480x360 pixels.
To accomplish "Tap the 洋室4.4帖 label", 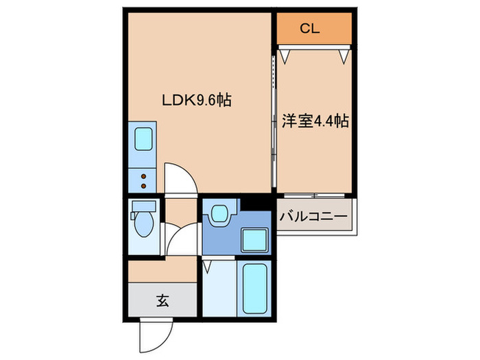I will point(315,122).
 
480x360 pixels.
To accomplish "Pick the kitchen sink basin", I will point(144,139).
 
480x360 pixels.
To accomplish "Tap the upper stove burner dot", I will point(144,176).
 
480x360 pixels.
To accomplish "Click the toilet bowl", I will point(144,224).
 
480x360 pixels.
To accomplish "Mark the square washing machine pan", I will point(256,241).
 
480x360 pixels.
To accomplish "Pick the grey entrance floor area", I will point(162,300).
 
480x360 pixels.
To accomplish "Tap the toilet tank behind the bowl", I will point(144,206).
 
